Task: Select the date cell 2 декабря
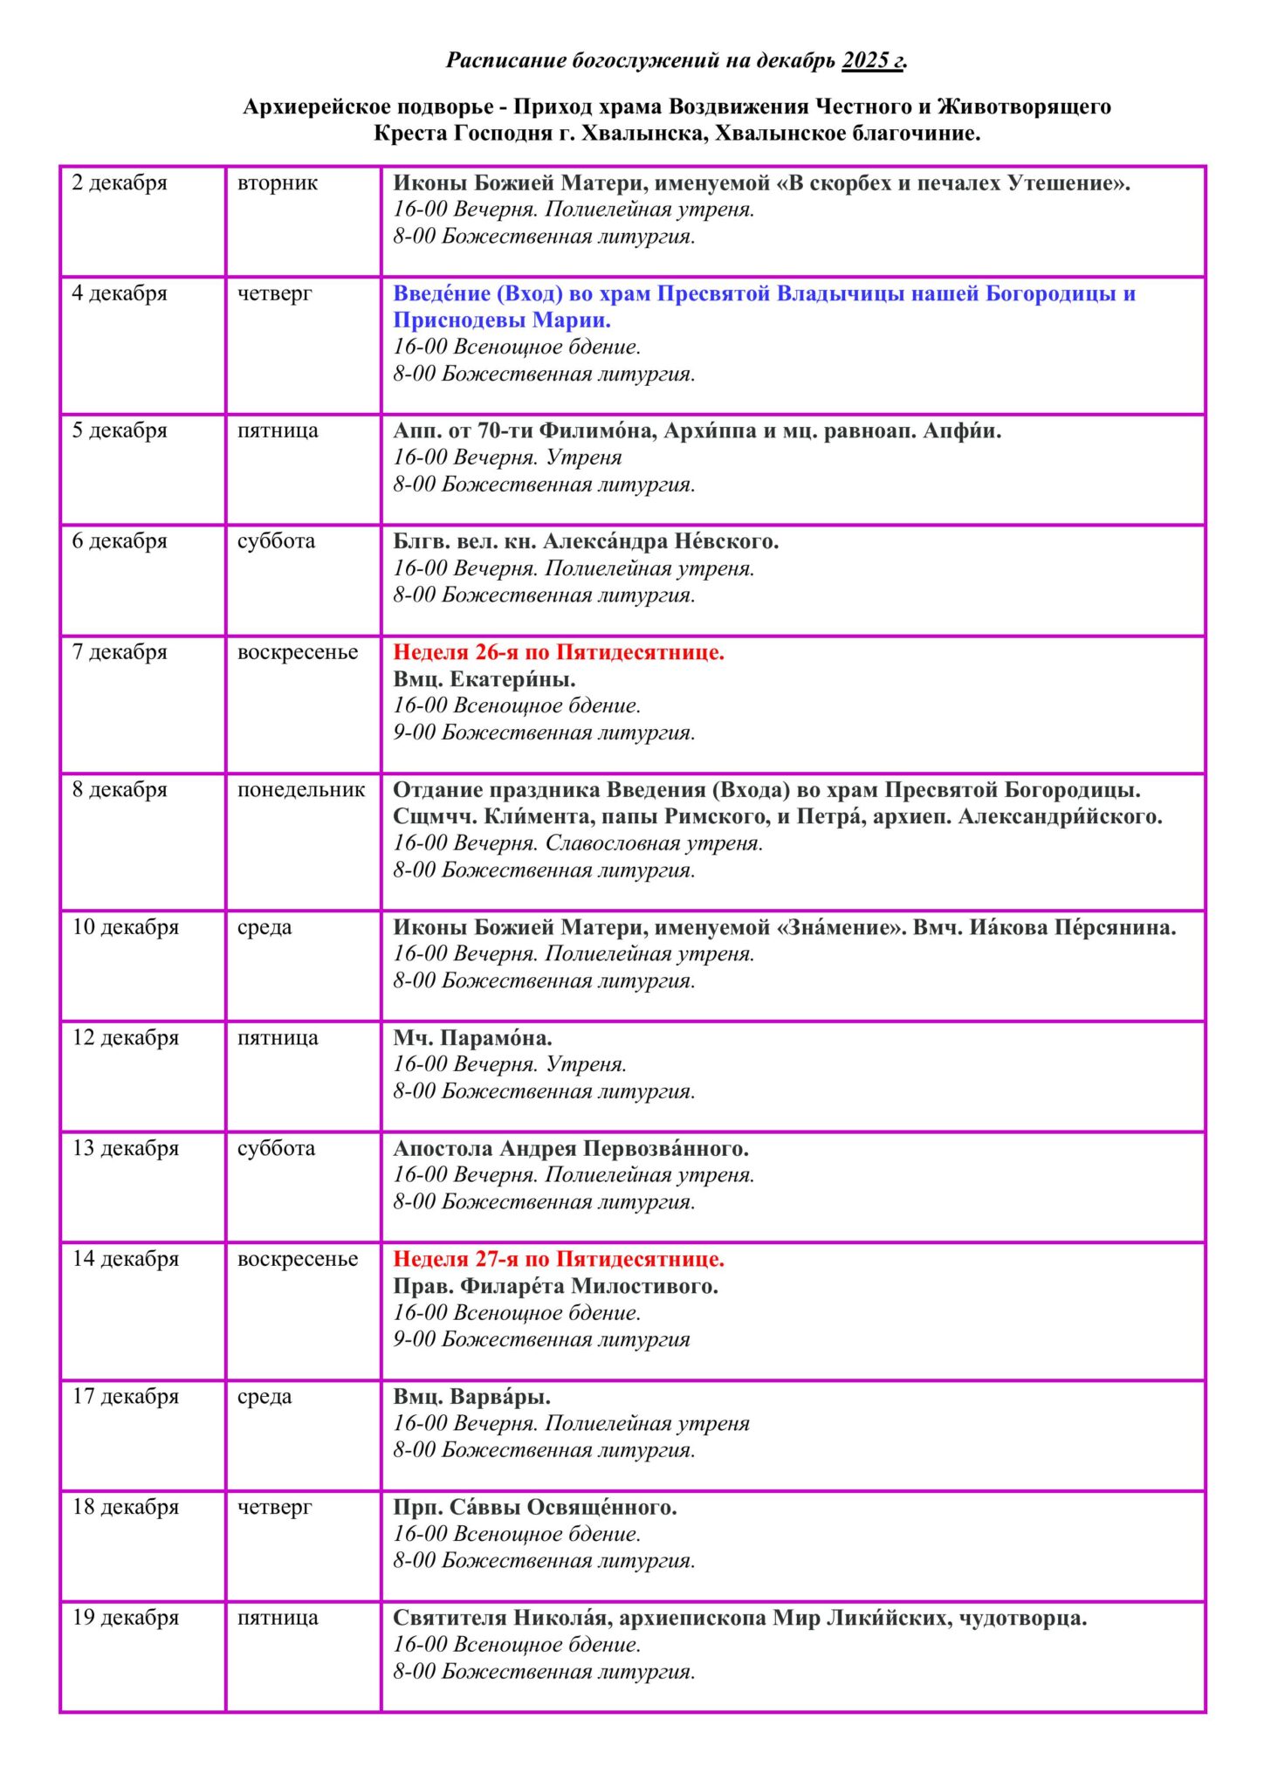click(x=120, y=183)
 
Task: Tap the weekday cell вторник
click(x=278, y=183)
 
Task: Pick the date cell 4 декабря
click(x=120, y=293)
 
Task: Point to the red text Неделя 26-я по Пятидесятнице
click(x=559, y=652)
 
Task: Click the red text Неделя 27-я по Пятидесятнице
click(x=559, y=1259)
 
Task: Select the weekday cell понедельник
click(x=301, y=790)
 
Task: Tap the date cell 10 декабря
click(x=125, y=927)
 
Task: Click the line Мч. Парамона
click(x=472, y=1038)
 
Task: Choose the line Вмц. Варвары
click(x=471, y=1397)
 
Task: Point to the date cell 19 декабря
click(x=125, y=1618)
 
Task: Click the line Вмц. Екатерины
click(x=484, y=679)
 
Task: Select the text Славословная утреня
click(x=654, y=843)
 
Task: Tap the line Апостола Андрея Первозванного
click(x=571, y=1148)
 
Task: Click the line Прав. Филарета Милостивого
click(x=555, y=1286)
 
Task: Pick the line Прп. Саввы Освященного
click(x=535, y=1507)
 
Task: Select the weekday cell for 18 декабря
click(x=274, y=1507)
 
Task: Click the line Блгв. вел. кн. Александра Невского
click(x=586, y=541)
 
